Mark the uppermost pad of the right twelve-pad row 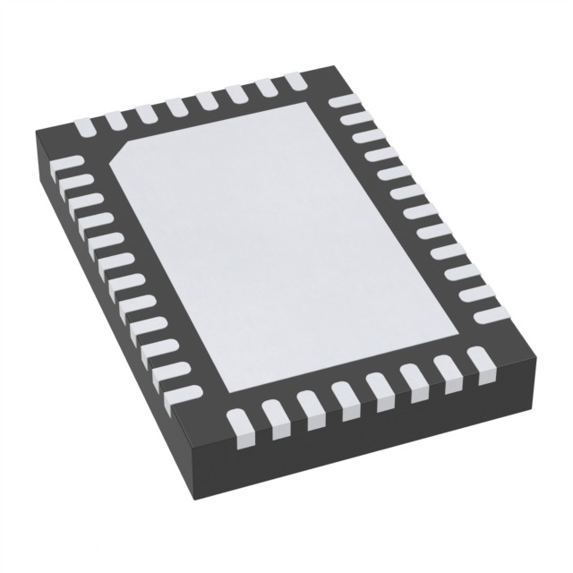pyautogui.click(x=342, y=102)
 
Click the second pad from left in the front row pyautogui.click(x=273, y=418)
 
